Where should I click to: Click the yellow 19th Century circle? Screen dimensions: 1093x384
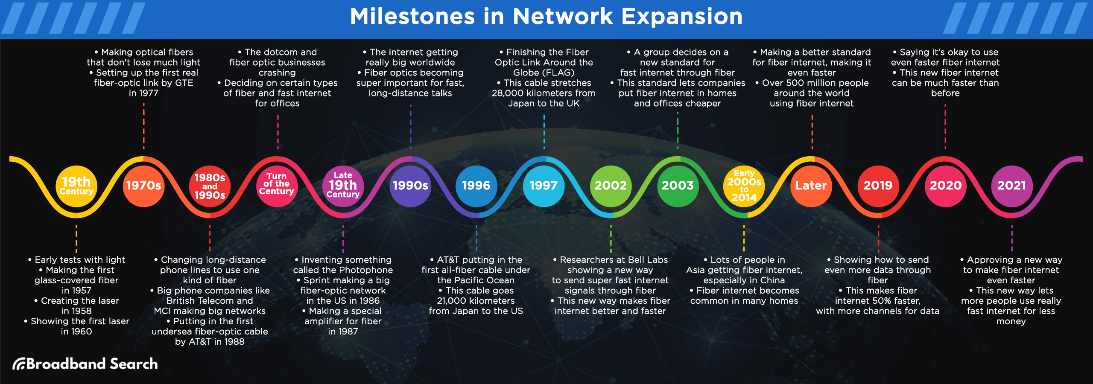[76, 186]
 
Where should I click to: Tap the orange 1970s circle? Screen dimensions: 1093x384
[143, 186]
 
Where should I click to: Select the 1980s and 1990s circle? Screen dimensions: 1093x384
[210, 186]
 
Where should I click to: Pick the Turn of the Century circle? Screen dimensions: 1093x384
[277, 186]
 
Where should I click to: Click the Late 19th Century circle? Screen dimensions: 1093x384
[343, 186]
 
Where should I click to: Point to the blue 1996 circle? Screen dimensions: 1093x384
[476, 186]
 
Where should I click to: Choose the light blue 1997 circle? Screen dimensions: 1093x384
[544, 186]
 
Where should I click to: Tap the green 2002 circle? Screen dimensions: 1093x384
[611, 186]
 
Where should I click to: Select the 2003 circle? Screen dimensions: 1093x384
[678, 186]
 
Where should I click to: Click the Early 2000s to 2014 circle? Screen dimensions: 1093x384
[744, 186]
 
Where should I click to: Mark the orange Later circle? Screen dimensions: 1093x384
[811, 186]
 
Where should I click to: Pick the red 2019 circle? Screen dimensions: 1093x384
[878, 186]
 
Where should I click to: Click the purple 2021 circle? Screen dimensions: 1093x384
[1011, 186]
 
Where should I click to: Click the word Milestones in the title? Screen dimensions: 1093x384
[412, 17]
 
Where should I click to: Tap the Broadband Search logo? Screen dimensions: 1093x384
[85, 364]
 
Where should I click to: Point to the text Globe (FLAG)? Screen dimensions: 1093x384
[544, 73]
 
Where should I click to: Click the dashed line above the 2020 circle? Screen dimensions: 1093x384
[945, 126]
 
